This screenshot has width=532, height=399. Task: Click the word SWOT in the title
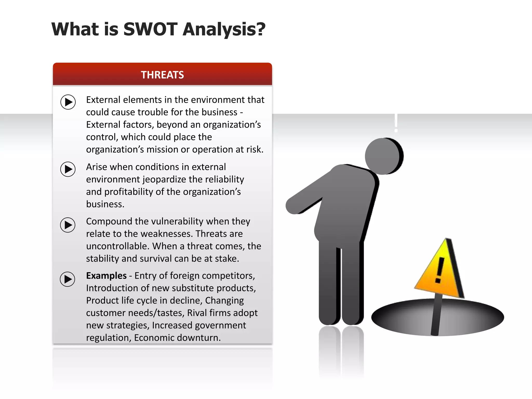(150, 29)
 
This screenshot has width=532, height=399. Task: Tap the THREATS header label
(162, 75)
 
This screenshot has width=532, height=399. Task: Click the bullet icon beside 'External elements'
(68, 102)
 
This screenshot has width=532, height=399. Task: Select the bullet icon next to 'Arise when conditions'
(68, 169)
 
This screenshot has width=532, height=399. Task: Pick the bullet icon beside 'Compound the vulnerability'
(68, 225)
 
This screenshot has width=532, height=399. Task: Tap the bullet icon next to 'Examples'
(68, 279)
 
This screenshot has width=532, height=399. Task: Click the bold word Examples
(106, 276)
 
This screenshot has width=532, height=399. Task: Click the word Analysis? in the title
(224, 29)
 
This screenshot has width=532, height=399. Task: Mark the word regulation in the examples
(109, 338)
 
